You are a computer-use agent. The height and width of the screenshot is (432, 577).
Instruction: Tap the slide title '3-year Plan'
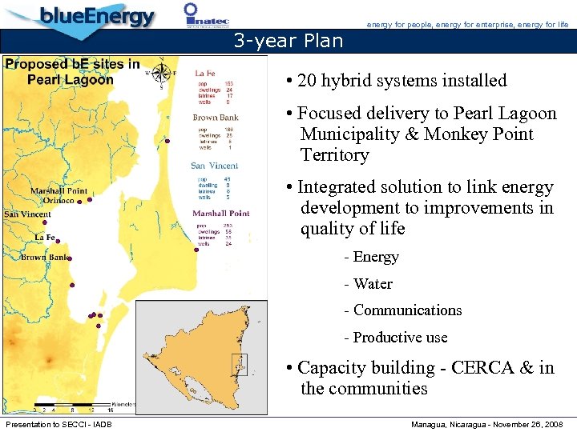click(x=288, y=41)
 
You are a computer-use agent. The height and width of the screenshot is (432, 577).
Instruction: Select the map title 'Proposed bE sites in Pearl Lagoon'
click(x=72, y=71)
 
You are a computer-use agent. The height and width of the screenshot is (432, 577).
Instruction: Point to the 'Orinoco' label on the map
click(x=59, y=201)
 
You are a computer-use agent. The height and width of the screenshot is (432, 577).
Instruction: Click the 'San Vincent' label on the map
click(x=27, y=214)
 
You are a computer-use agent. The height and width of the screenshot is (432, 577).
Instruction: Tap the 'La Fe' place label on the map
click(x=45, y=238)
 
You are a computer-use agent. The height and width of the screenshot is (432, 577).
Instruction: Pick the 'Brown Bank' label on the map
click(x=43, y=258)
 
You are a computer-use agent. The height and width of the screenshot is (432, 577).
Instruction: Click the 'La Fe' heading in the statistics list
click(x=206, y=74)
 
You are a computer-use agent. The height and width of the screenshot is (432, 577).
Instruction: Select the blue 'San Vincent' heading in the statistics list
click(x=214, y=166)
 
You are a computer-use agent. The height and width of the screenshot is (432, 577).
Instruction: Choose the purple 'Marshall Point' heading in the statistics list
click(x=221, y=214)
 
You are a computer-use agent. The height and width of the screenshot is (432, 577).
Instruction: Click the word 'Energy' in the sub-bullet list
click(x=376, y=257)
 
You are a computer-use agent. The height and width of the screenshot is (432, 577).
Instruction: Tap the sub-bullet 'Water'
click(x=373, y=283)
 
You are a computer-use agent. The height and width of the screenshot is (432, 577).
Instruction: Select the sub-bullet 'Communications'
click(x=407, y=310)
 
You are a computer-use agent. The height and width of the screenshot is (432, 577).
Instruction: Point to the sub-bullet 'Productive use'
click(x=400, y=338)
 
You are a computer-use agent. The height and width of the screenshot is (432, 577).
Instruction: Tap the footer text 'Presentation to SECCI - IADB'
click(x=59, y=423)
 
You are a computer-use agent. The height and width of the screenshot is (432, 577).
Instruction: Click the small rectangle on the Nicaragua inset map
click(x=239, y=364)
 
